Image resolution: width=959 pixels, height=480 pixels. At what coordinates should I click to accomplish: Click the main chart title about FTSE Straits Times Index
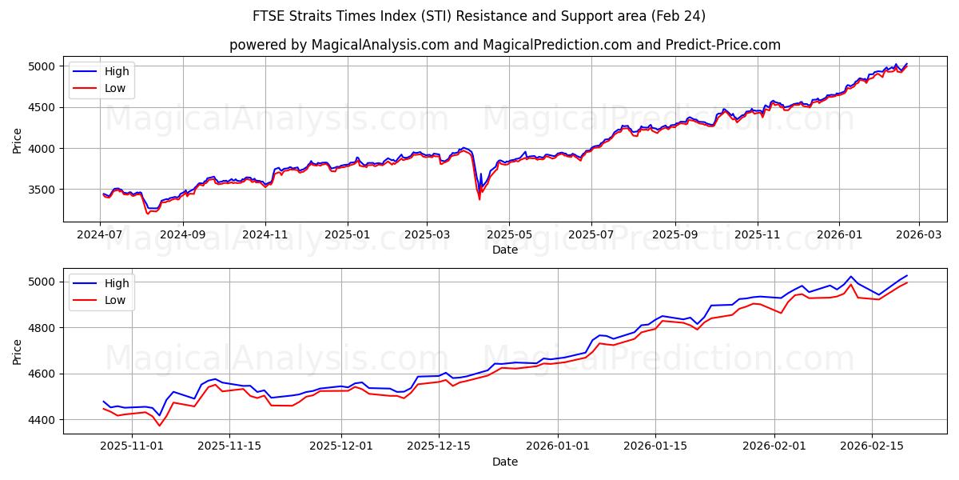tap(479, 16)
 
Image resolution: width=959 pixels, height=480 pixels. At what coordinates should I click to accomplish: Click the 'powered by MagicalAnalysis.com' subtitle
tap(505, 45)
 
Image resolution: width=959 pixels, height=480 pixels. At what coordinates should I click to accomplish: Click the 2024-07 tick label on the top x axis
tap(100, 234)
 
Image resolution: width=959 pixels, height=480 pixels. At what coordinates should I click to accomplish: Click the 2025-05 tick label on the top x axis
tap(509, 234)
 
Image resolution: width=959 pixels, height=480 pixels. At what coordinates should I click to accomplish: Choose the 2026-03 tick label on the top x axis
tap(918, 234)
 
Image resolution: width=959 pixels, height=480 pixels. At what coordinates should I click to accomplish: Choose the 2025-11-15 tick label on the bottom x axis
tap(229, 446)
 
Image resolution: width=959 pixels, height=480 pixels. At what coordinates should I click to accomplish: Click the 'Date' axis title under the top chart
tap(505, 250)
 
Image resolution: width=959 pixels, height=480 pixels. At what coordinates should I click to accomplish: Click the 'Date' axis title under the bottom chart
tap(505, 462)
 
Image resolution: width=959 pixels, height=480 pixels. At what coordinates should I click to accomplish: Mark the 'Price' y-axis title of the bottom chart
tap(18, 351)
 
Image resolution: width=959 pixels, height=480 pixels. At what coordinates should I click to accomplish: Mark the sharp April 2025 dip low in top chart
tap(479, 199)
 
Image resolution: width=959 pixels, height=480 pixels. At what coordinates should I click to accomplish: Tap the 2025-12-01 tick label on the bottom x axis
tap(341, 446)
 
